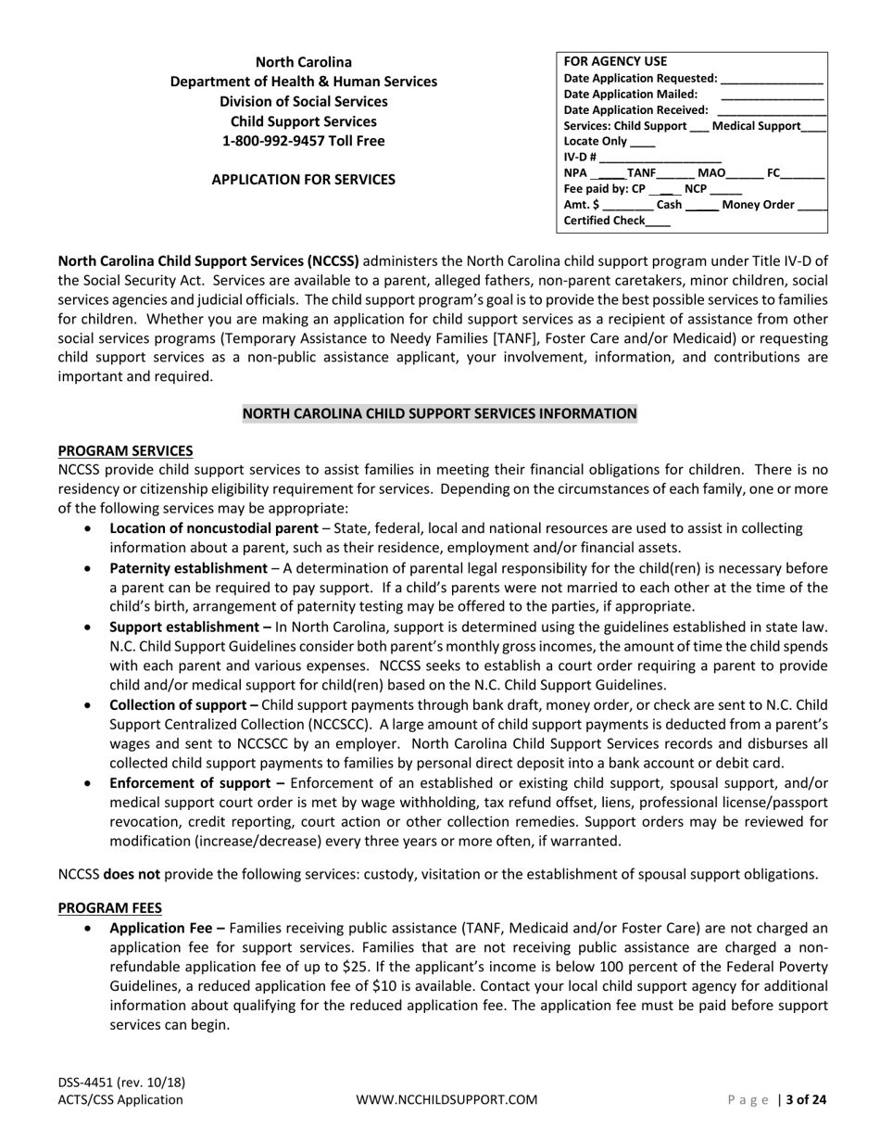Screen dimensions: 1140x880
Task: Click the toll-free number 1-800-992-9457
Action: tap(304, 141)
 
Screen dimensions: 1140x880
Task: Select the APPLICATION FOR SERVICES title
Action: tap(304, 179)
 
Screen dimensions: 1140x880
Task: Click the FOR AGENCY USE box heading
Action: tap(615, 62)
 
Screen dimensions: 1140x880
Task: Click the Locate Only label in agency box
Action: tap(595, 141)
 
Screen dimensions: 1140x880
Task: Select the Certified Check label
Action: tap(604, 221)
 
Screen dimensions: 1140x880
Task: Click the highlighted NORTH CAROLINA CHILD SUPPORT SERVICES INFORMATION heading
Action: tap(440, 413)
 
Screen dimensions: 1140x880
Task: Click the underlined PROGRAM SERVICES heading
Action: tap(125, 450)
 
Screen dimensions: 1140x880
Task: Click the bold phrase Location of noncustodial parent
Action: tap(213, 528)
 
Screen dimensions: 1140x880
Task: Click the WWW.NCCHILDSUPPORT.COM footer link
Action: tap(446, 1100)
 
